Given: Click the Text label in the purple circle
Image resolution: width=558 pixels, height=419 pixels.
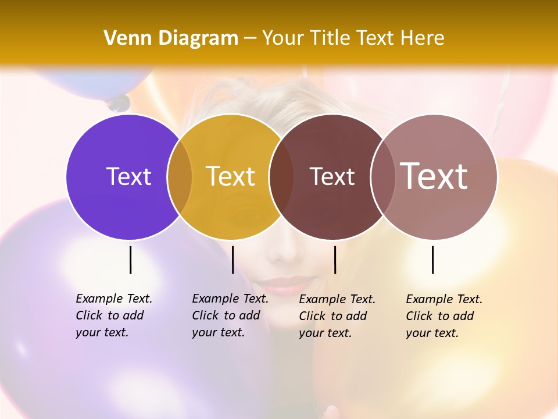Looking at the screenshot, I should [x=128, y=176].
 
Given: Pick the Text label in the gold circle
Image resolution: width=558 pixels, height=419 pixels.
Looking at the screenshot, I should [x=230, y=176].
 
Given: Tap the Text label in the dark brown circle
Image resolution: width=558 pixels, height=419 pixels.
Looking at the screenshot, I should [x=332, y=177].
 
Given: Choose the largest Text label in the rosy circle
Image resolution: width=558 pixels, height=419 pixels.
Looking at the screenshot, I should [x=434, y=176].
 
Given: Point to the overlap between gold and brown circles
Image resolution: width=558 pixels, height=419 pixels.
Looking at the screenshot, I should [x=281, y=177].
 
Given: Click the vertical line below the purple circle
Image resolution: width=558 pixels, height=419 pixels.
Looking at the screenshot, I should [x=131, y=260].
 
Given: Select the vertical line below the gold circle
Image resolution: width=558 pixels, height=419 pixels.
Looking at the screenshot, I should [x=233, y=260].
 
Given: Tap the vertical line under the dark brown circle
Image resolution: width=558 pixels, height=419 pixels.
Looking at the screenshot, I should [x=335, y=260].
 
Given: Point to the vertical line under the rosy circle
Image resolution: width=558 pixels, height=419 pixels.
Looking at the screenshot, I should [x=432, y=260].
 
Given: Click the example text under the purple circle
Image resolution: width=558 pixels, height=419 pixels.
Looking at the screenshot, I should [x=113, y=315].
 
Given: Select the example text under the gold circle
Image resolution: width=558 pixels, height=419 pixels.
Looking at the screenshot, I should [x=230, y=315].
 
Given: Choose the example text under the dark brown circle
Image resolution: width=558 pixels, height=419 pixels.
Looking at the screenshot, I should [x=337, y=316].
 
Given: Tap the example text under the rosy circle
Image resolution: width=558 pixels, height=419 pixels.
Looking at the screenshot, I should [x=443, y=316].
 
